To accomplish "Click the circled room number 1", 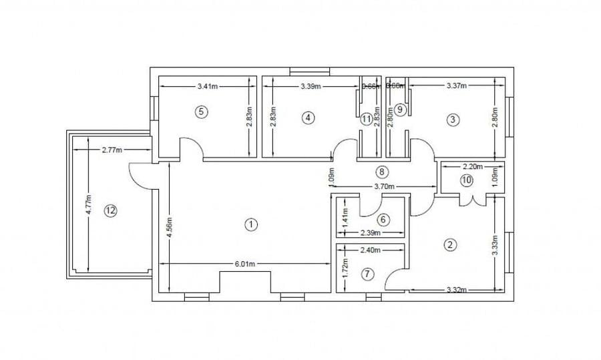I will point(251,224).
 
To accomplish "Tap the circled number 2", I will point(451,244).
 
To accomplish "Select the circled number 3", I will point(453,120).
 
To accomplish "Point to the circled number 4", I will point(308,118).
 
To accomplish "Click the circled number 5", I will point(201,112).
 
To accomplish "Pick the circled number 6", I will point(383,219).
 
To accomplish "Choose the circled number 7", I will point(367,273).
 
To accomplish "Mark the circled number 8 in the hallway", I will point(381,172).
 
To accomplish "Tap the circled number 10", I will point(466,180).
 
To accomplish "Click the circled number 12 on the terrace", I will point(111,210).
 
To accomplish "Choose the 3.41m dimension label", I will point(210,86).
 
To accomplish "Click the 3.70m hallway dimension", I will point(385,186).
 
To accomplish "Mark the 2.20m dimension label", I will point(473,166).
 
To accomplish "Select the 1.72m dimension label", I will point(345,268).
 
